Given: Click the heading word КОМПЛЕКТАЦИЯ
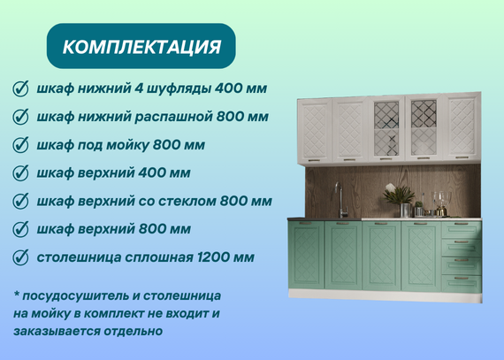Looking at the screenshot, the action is point(141,47).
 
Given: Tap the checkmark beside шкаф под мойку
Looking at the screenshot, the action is point(20,145).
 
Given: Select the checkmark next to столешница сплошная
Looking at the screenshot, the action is point(20,257).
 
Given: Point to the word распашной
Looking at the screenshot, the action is point(173,117).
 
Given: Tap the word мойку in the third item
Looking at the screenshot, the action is point(127,145).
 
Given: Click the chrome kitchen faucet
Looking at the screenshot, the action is point(341,200).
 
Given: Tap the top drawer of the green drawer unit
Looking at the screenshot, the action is point(462,229).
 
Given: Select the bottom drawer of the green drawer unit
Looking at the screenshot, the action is point(462,284).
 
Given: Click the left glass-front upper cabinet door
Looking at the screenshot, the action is point(386,128).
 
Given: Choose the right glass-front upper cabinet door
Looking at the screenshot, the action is point(424,127).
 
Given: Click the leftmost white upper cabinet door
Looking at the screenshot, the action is point(315,131).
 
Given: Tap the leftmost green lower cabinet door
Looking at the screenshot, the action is point(306,255).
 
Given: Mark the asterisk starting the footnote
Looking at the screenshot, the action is point(17,295).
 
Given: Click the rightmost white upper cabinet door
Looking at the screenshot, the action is point(462,126).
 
